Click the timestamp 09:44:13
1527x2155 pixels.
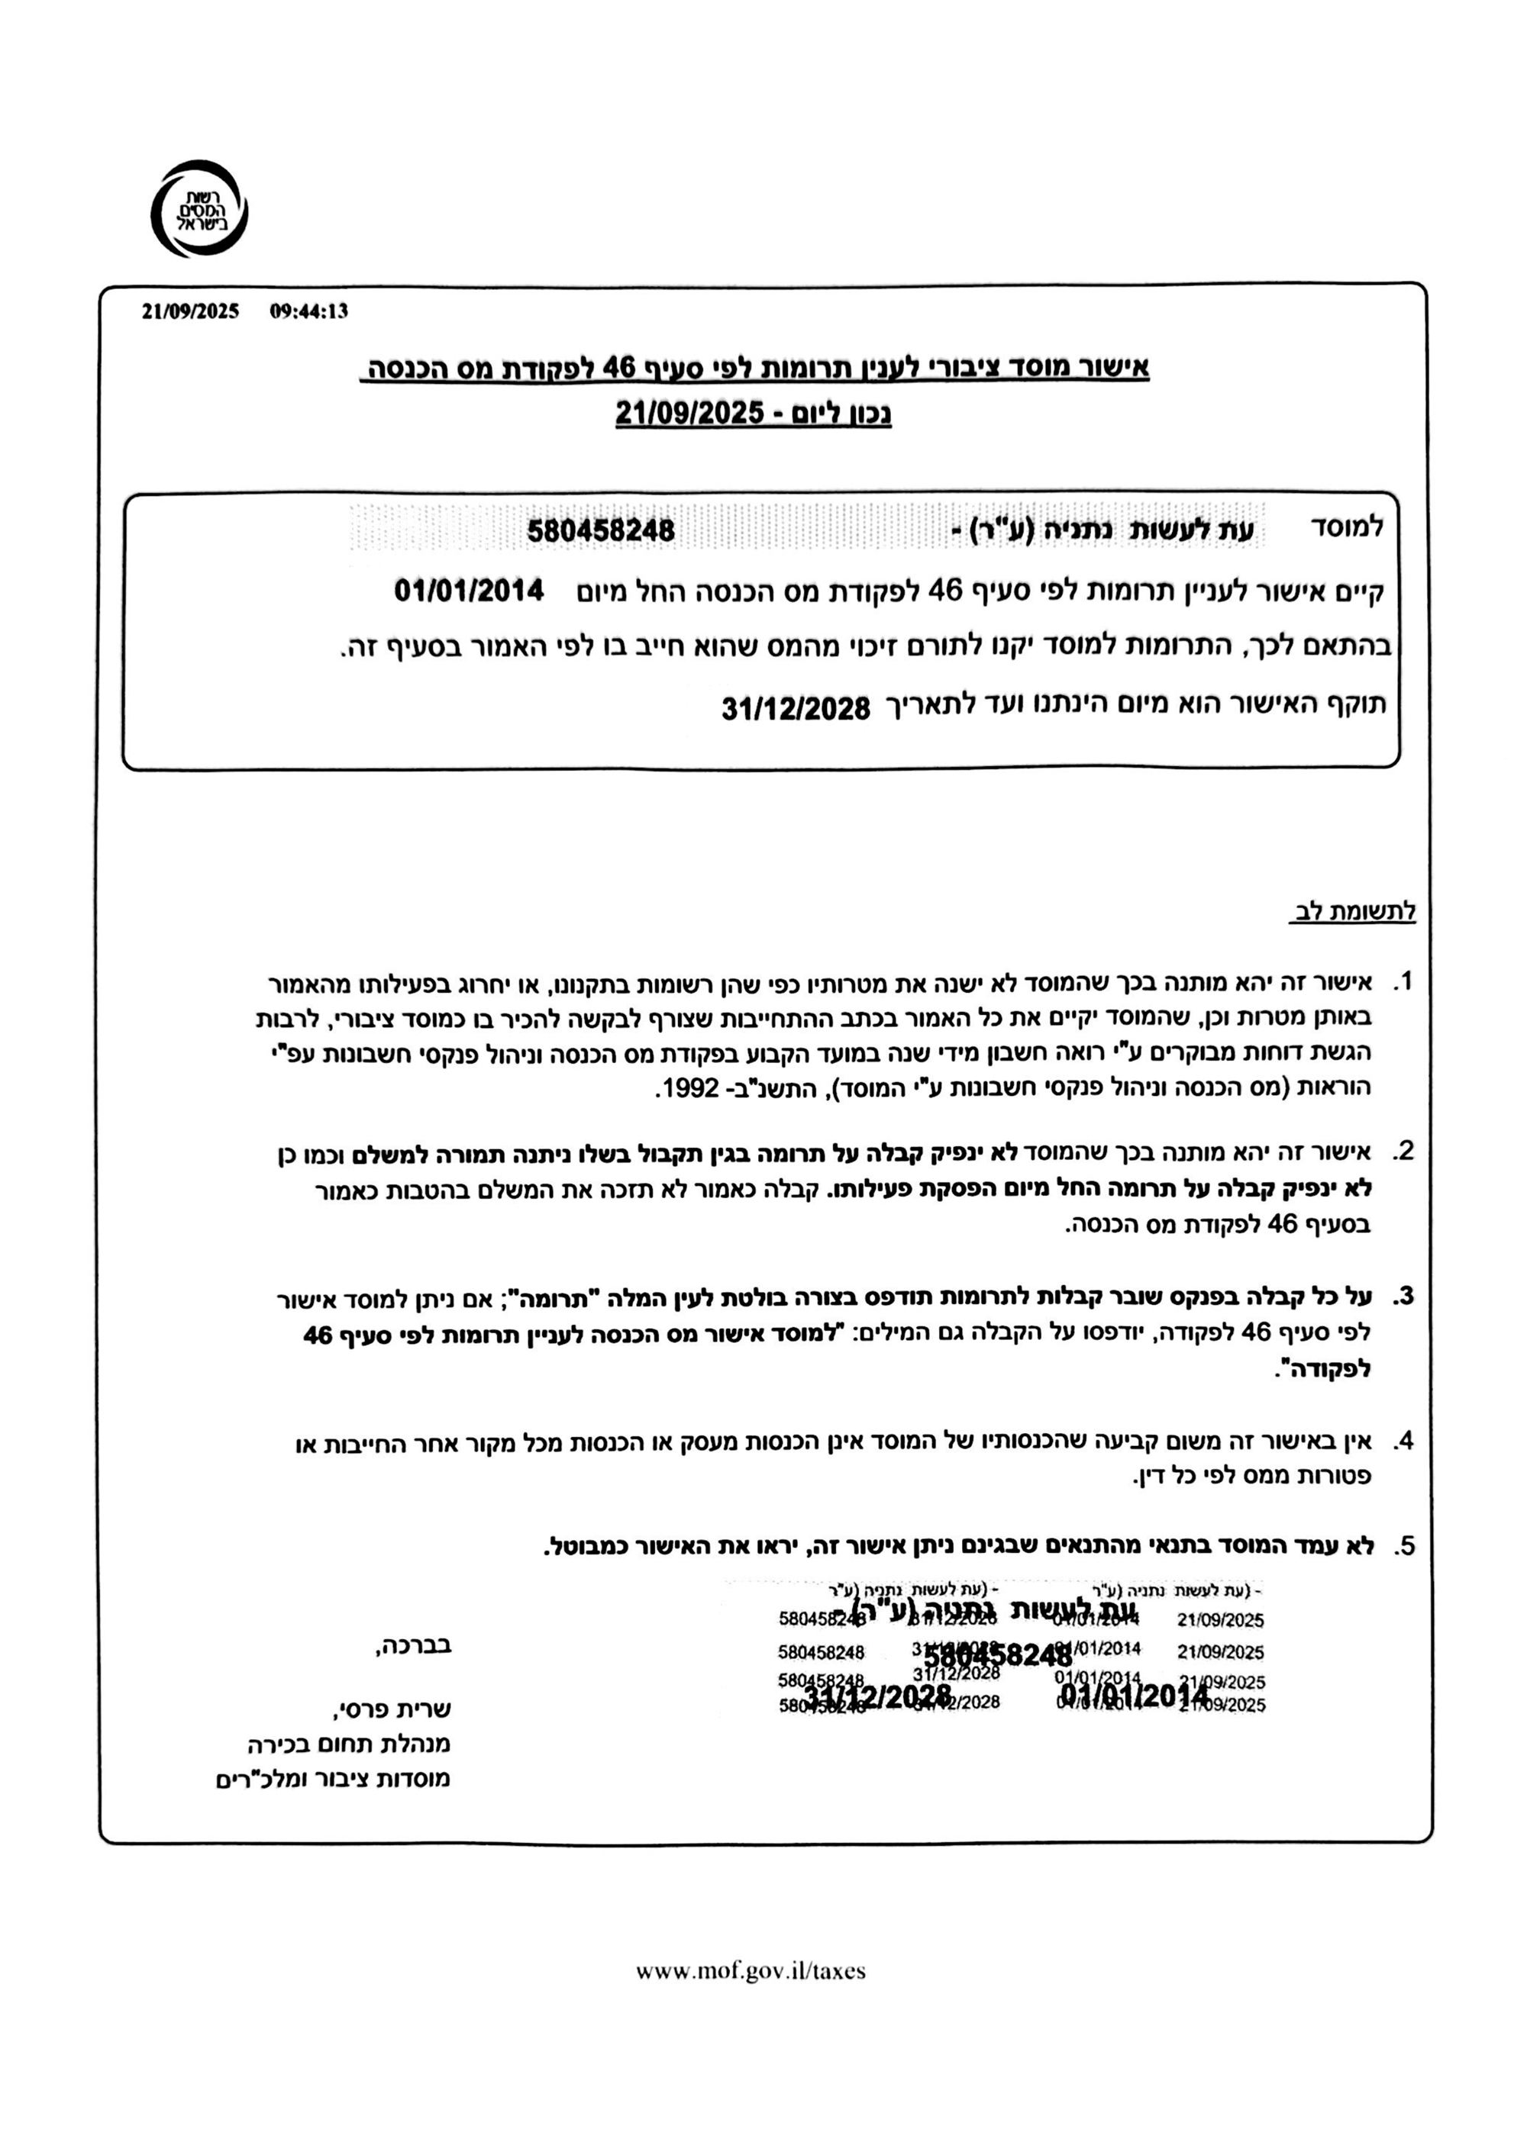pos(308,311)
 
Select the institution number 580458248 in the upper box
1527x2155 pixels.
pos(601,531)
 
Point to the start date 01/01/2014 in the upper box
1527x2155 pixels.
pos(468,591)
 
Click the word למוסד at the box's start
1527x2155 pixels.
pos(1347,527)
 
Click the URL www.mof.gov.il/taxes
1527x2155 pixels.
pos(751,1971)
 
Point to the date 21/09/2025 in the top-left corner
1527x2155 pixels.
pos(191,311)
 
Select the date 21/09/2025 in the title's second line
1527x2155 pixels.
pos(689,413)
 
